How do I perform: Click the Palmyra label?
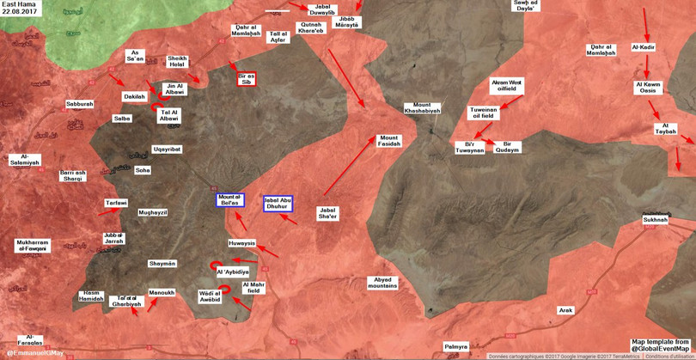click(x=455, y=346)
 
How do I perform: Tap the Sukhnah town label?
click(x=655, y=220)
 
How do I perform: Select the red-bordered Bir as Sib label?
click(x=247, y=79)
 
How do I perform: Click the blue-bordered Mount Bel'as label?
click(x=229, y=200)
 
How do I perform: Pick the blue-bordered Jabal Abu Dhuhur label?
click(x=278, y=203)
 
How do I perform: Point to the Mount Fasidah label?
click(x=389, y=141)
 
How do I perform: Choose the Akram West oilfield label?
click(x=506, y=85)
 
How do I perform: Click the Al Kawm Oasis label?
click(x=648, y=87)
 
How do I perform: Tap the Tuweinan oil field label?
click(x=483, y=113)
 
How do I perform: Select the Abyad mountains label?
click(x=383, y=282)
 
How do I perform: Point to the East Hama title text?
click(x=19, y=4)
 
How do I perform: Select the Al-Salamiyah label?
click(x=24, y=159)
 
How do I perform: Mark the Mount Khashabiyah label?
click(x=422, y=107)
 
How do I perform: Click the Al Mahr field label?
click(x=254, y=287)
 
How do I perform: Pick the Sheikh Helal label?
click(x=177, y=62)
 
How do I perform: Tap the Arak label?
click(x=565, y=310)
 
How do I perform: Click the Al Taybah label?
click(x=666, y=129)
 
